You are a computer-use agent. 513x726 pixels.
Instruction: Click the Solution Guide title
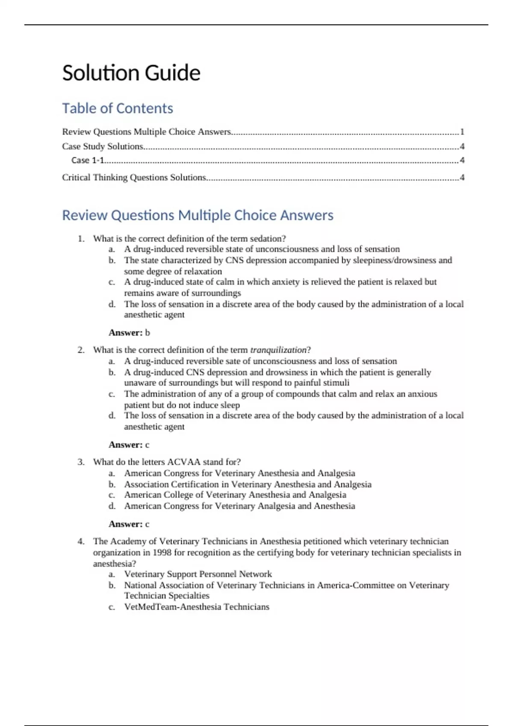131,73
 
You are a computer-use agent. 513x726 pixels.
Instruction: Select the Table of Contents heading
118,108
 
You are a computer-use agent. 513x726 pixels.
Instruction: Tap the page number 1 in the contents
462,132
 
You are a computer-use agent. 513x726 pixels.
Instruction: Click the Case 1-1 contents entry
88,161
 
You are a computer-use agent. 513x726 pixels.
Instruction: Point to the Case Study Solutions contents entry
103,146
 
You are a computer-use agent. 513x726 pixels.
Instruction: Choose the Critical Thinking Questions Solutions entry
134,178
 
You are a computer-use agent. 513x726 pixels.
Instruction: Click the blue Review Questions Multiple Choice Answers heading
198,215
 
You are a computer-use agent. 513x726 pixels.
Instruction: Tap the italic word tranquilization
278,350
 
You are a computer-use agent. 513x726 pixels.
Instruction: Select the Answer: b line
129,333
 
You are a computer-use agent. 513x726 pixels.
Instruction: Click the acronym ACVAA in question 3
183,462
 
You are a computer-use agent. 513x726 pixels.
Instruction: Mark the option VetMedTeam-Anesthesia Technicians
197,607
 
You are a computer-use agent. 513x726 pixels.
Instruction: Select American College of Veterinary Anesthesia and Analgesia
235,495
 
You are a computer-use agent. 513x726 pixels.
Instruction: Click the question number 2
81,350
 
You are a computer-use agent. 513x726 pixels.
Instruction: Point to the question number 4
81,542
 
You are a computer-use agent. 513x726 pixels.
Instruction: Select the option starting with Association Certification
248,485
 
